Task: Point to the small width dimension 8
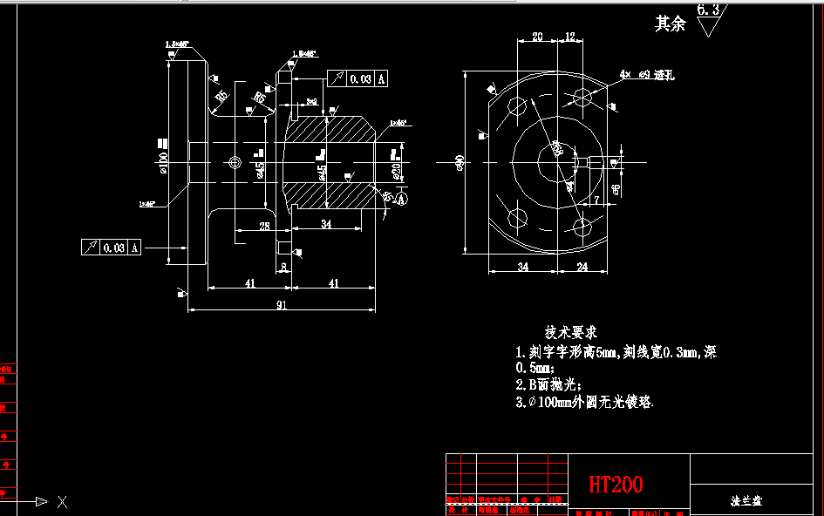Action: [x=283, y=268]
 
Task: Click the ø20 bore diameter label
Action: [x=397, y=170]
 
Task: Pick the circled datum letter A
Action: [x=402, y=200]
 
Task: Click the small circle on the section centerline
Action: [x=234, y=162]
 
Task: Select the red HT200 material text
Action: [x=616, y=484]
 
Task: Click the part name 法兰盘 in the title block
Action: [x=747, y=501]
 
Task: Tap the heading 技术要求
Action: [x=571, y=332]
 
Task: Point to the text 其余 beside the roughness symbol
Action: [x=671, y=24]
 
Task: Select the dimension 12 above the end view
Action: [x=570, y=37]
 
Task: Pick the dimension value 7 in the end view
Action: [x=596, y=200]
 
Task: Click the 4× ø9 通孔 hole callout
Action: [x=647, y=75]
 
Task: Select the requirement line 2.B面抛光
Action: [x=548, y=384]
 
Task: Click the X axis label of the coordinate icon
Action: [x=62, y=501]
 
